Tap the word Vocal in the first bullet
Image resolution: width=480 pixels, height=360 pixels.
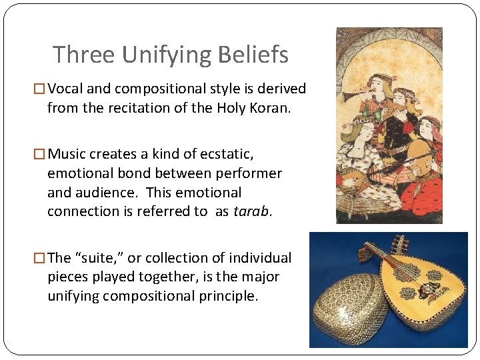pos(65,89)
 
